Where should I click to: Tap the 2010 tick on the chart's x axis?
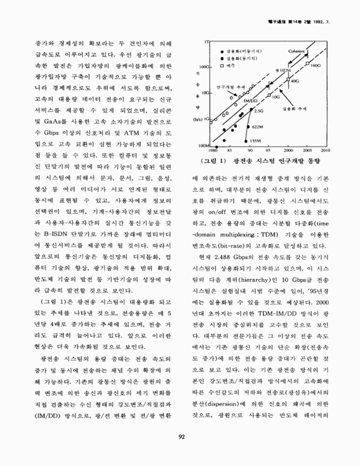323,149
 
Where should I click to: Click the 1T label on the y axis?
208,43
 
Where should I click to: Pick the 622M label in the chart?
257,126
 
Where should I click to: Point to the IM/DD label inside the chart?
251,101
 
